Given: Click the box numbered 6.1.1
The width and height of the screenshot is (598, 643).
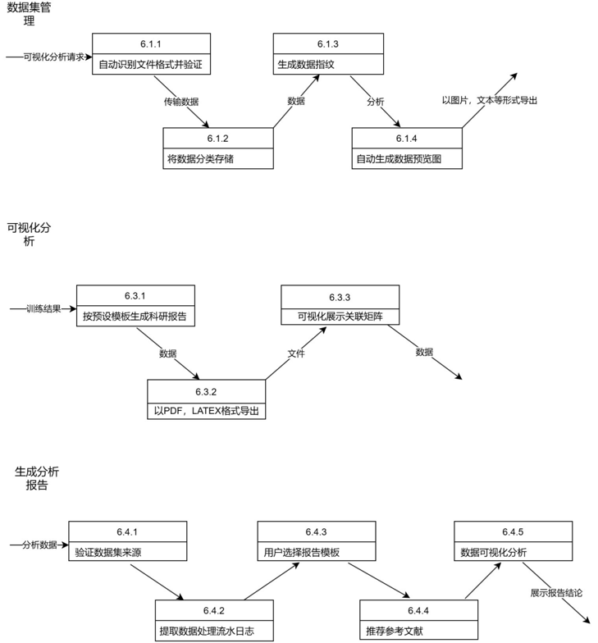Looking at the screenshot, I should pos(151,54).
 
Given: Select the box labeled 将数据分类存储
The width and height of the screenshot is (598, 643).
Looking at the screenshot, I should pos(218,148).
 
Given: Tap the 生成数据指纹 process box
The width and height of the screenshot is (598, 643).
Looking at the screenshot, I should pos(327,54).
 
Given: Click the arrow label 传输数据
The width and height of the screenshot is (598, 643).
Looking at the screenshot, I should pos(180,102).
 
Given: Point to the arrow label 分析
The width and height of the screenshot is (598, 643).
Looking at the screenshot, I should pos(375,102).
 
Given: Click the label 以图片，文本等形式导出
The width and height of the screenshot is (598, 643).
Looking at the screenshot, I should pos(490,100).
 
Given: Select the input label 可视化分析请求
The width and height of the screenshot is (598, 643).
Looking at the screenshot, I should pos(54,57).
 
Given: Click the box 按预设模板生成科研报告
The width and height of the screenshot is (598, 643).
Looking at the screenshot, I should pos(136,306).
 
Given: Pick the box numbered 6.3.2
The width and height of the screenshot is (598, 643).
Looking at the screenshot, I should pos(207,400).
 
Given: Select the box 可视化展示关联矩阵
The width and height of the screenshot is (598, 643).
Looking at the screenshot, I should pos(340,306).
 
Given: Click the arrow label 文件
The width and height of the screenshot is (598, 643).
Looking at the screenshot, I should pos(296,353).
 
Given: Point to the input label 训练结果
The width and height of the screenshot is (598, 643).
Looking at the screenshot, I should pos(43,309).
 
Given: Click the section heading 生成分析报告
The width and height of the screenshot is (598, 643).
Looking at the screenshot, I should pos(37,478).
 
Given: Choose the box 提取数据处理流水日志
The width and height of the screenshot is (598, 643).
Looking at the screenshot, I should pos(213,622).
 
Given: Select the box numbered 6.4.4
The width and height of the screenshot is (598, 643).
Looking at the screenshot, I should pos(418,622).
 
